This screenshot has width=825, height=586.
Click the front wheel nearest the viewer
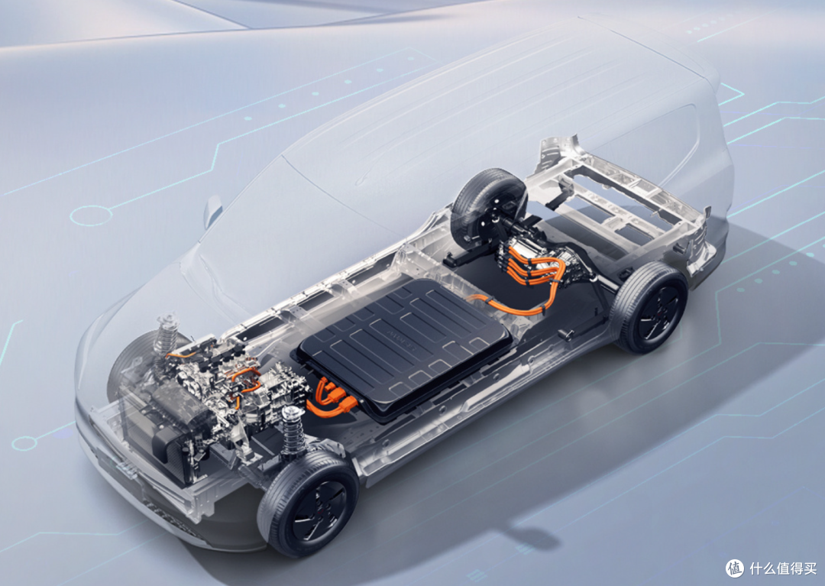click(308, 504)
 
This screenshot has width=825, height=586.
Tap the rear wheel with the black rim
click(650, 307)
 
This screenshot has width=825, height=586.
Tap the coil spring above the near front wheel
click(292, 429)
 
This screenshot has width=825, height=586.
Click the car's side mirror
click(212, 211)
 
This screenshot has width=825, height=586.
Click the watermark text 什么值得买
click(783, 568)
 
